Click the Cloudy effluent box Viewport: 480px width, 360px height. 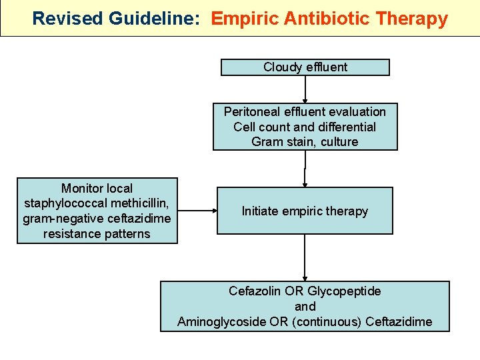click(305, 67)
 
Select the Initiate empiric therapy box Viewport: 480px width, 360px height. click(305, 211)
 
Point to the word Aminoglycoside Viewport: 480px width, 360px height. click(217, 322)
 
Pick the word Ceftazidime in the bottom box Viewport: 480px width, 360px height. click(399, 322)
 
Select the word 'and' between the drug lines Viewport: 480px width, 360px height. click(305, 307)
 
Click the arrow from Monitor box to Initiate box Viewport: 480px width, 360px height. click(197, 211)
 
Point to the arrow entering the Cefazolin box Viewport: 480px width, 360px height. click(305, 257)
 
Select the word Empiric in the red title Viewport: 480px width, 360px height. click(245, 18)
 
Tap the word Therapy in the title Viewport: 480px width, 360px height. click(413, 18)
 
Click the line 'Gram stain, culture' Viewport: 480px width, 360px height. click(305, 142)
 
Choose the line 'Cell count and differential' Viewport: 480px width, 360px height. click(305, 127)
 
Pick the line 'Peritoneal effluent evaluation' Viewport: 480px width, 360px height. click(305, 112)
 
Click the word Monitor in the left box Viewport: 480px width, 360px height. click(97, 189)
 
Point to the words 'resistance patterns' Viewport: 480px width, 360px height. click(97, 234)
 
